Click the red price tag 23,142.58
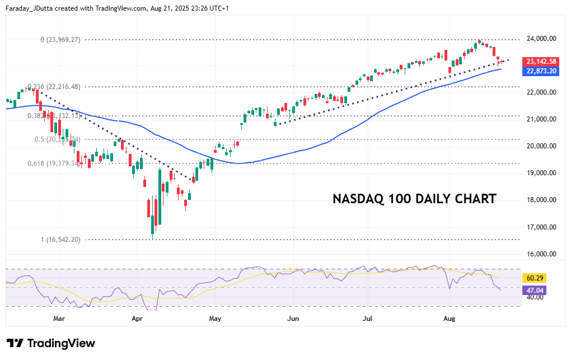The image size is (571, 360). pos(540,62)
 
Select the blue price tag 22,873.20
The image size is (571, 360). pos(540,71)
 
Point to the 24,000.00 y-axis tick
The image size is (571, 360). pos(541,39)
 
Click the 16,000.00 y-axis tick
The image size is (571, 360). pos(541,254)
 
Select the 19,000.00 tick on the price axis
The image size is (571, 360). pos(541,173)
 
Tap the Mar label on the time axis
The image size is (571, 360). pos(59,319)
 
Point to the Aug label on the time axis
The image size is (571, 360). pos(448,319)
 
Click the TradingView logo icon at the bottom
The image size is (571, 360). pos(15,343)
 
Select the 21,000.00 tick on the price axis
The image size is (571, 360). pos(541,119)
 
